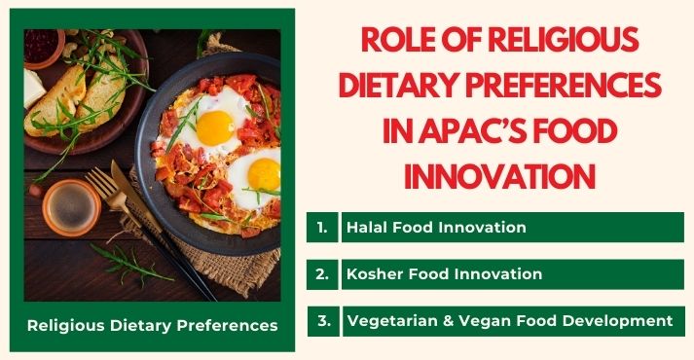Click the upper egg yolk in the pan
pos(215,126)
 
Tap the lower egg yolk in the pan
pos(263,174)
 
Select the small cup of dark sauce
pos(71,207)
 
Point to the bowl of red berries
pos(42,44)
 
